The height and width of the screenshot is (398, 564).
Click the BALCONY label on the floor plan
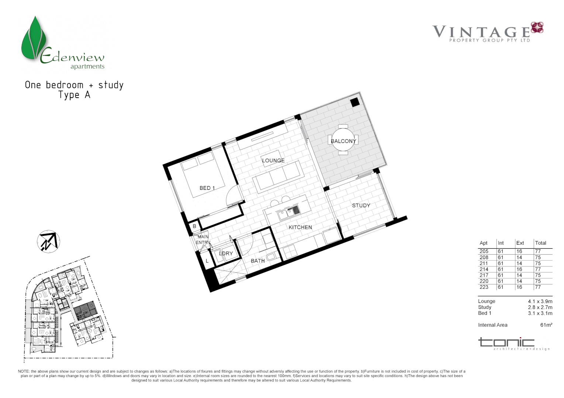(x=343, y=141)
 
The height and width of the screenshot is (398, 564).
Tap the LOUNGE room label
(x=273, y=161)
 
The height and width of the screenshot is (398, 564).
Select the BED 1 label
(x=207, y=188)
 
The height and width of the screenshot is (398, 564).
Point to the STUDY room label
(x=361, y=206)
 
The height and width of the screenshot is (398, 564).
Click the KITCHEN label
(x=300, y=227)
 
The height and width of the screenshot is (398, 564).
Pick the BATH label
(x=258, y=261)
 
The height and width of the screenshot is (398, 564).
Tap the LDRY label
(x=226, y=254)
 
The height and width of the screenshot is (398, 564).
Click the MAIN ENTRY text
(x=203, y=240)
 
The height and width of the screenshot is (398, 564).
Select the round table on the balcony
(x=343, y=140)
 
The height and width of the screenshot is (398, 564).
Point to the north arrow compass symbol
(x=48, y=242)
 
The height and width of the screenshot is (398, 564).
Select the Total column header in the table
(x=540, y=243)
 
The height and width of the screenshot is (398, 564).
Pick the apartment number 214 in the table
(x=484, y=269)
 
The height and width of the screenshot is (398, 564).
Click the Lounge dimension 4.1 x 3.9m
(x=540, y=301)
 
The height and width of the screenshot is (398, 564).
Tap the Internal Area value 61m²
(x=546, y=325)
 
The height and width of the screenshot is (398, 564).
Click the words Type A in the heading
(x=74, y=95)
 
